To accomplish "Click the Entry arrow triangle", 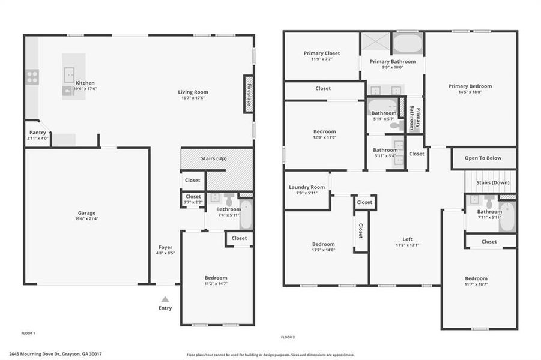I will pyautogui.click(x=165, y=299).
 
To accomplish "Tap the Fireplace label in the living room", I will pyautogui.click(x=248, y=94).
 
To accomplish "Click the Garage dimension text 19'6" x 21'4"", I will pyautogui.click(x=86, y=219).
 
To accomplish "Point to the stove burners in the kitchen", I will pyautogui.click(x=32, y=77).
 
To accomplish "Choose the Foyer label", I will pyautogui.click(x=165, y=247).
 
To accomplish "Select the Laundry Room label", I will pyautogui.click(x=306, y=187).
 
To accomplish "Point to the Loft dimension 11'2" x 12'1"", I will pyautogui.click(x=407, y=245).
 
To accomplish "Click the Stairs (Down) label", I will pyautogui.click(x=492, y=182).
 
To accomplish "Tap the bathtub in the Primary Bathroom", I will pyautogui.click(x=408, y=43).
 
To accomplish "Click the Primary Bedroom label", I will pyautogui.click(x=470, y=86).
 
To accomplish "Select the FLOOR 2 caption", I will pyautogui.click(x=288, y=337).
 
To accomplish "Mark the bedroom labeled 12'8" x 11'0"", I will pyautogui.click(x=324, y=137).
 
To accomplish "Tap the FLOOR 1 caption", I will pyautogui.click(x=28, y=332).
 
